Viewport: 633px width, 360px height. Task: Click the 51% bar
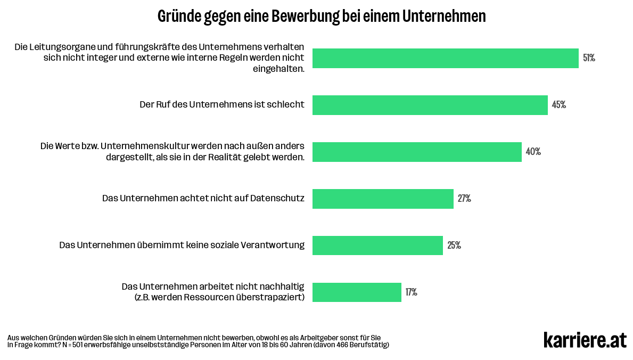(445, 58)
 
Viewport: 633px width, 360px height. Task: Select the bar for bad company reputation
(430, 105)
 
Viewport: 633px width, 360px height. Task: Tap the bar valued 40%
(417, 152)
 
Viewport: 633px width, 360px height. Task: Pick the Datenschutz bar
(383, 199)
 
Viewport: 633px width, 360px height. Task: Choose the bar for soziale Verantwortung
(377, 246)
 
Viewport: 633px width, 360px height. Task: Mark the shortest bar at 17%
(357, 292)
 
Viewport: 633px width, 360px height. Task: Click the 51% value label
(589, 58)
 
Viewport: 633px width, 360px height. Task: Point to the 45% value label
(558, 105)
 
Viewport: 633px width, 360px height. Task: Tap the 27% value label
(464, 199)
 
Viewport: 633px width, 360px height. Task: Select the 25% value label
(454, 246)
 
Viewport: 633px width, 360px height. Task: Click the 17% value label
(411, 292)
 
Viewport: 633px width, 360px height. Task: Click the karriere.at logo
(585, 340)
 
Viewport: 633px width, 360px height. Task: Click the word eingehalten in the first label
(278, 69)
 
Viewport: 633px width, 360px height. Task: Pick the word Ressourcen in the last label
(207, 297)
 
